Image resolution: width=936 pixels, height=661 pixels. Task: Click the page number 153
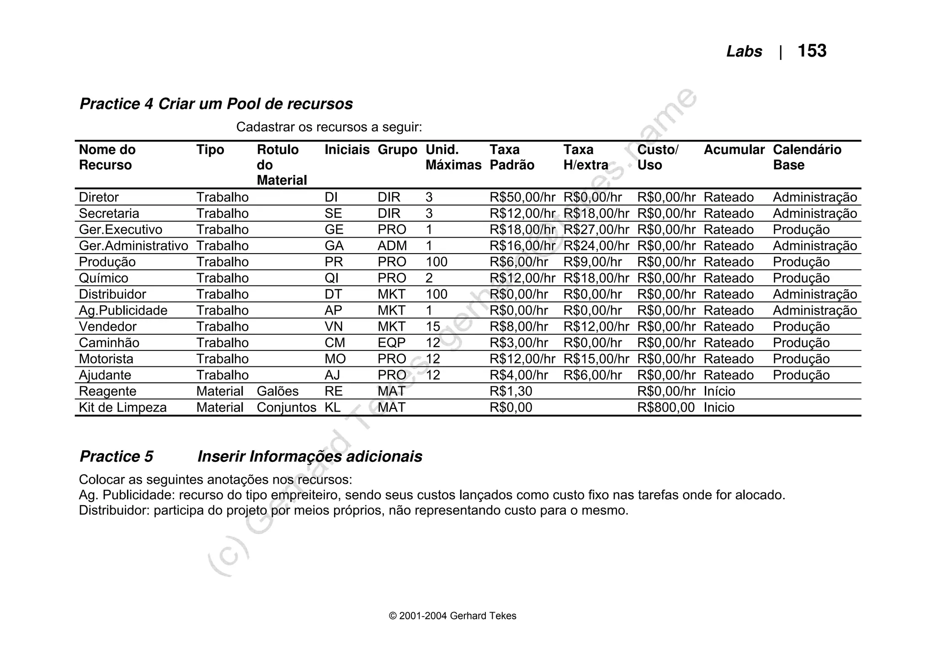pyautogui.click(x=812, y=51)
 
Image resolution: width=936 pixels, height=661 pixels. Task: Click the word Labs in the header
pyautogui.click(x=744, y=52)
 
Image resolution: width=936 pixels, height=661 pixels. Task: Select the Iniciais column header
pyautogui.click(x=347, y=150)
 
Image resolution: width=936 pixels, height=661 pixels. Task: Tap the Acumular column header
pyautogui.click(x=734, y=150)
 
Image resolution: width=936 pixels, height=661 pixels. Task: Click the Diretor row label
pyautogui.click(x=99, y=197)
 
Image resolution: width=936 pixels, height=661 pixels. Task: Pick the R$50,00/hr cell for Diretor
pyautogui.click(x=522, y=197)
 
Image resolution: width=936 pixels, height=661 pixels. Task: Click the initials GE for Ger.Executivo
pyautogui.click(x=334, y=230)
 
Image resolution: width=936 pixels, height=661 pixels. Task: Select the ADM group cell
pyautogui.click(x=392, y=246)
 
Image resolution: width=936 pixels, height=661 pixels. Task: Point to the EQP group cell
pyautogui.click(x=391, y=343)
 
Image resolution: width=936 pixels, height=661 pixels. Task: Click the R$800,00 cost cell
pyautogui.click(x=665, y=407)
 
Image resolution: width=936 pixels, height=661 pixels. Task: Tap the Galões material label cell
pyautogui.click(x=277, y=391)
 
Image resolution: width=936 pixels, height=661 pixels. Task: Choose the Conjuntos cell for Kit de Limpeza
pyautogui.click(x=286, y=407)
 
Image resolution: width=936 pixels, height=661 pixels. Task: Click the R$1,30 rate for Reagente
pyautogui.click(x=511, y=391)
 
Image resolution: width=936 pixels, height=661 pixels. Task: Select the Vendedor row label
pyautogui.click(x=107, y=327)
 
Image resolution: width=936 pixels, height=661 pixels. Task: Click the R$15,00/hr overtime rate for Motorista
pyautogui.click(x=596, y=359)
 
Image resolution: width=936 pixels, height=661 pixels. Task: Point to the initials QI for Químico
pyautogui.click(x=331, y=278)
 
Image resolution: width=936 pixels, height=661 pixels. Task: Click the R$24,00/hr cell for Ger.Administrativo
pyautogui.click(x=596, y=246)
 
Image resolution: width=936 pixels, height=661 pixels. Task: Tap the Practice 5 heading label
pyautogui.click(x=116, y=456)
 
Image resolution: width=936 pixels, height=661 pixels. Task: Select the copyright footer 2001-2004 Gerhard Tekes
pyautogui.click(x=452, y=616)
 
